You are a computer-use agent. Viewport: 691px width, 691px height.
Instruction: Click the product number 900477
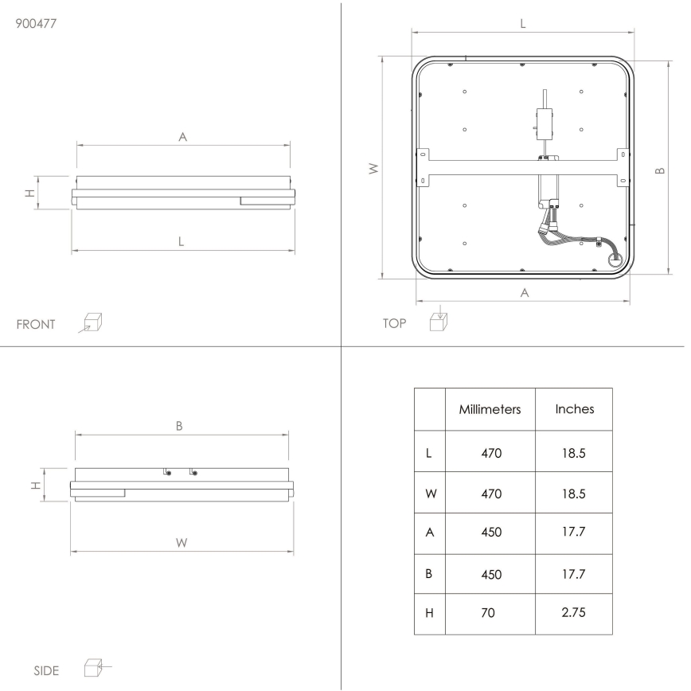[37, 23]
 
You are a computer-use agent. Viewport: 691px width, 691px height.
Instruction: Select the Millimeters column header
[490, 409]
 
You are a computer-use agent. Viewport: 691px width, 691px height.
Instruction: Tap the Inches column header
[574, 409]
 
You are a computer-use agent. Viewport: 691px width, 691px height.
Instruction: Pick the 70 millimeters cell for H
[490, 614]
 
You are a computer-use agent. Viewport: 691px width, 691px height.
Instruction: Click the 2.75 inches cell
[574, 614]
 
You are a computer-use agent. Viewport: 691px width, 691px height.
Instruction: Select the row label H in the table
[430, 614]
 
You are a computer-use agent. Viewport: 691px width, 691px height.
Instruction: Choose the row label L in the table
[430, 452]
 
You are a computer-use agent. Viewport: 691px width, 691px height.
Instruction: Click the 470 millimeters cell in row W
[490, 493]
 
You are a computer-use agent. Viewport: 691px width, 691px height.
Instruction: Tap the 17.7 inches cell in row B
[574, 573]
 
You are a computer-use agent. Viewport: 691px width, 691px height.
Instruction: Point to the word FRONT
[36, 324]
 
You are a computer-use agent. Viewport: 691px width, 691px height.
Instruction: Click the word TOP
[394, 323]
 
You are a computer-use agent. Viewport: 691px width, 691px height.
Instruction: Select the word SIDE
[46, 670]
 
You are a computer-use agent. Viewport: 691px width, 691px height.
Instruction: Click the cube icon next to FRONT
[93, 322]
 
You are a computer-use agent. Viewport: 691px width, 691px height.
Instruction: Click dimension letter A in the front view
[182, 137]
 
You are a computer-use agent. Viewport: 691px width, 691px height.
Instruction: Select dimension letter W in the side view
[182, 542]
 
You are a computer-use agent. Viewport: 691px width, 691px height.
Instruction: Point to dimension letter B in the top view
[659, 170]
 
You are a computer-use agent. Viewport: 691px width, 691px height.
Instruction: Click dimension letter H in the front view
[29, 193]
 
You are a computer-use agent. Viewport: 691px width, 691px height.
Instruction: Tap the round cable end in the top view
[615, 258]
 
